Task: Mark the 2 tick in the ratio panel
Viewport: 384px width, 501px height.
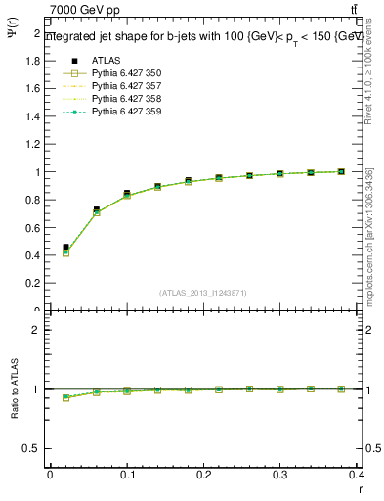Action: (36, 330)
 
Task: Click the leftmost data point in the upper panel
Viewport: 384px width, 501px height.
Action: (65, 249)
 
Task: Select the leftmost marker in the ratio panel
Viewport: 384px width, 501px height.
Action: (65, 397)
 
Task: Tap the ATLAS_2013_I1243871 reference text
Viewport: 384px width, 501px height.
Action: (203, 294)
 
